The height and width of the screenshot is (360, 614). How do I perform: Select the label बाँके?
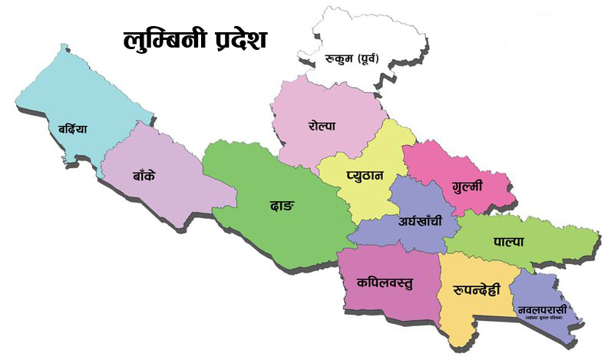142,174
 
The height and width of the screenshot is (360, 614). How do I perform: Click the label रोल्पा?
322,125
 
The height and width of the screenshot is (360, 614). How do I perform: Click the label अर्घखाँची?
420,222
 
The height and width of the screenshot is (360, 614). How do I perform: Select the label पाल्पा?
508,241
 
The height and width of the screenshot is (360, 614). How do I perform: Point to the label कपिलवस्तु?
385,282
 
